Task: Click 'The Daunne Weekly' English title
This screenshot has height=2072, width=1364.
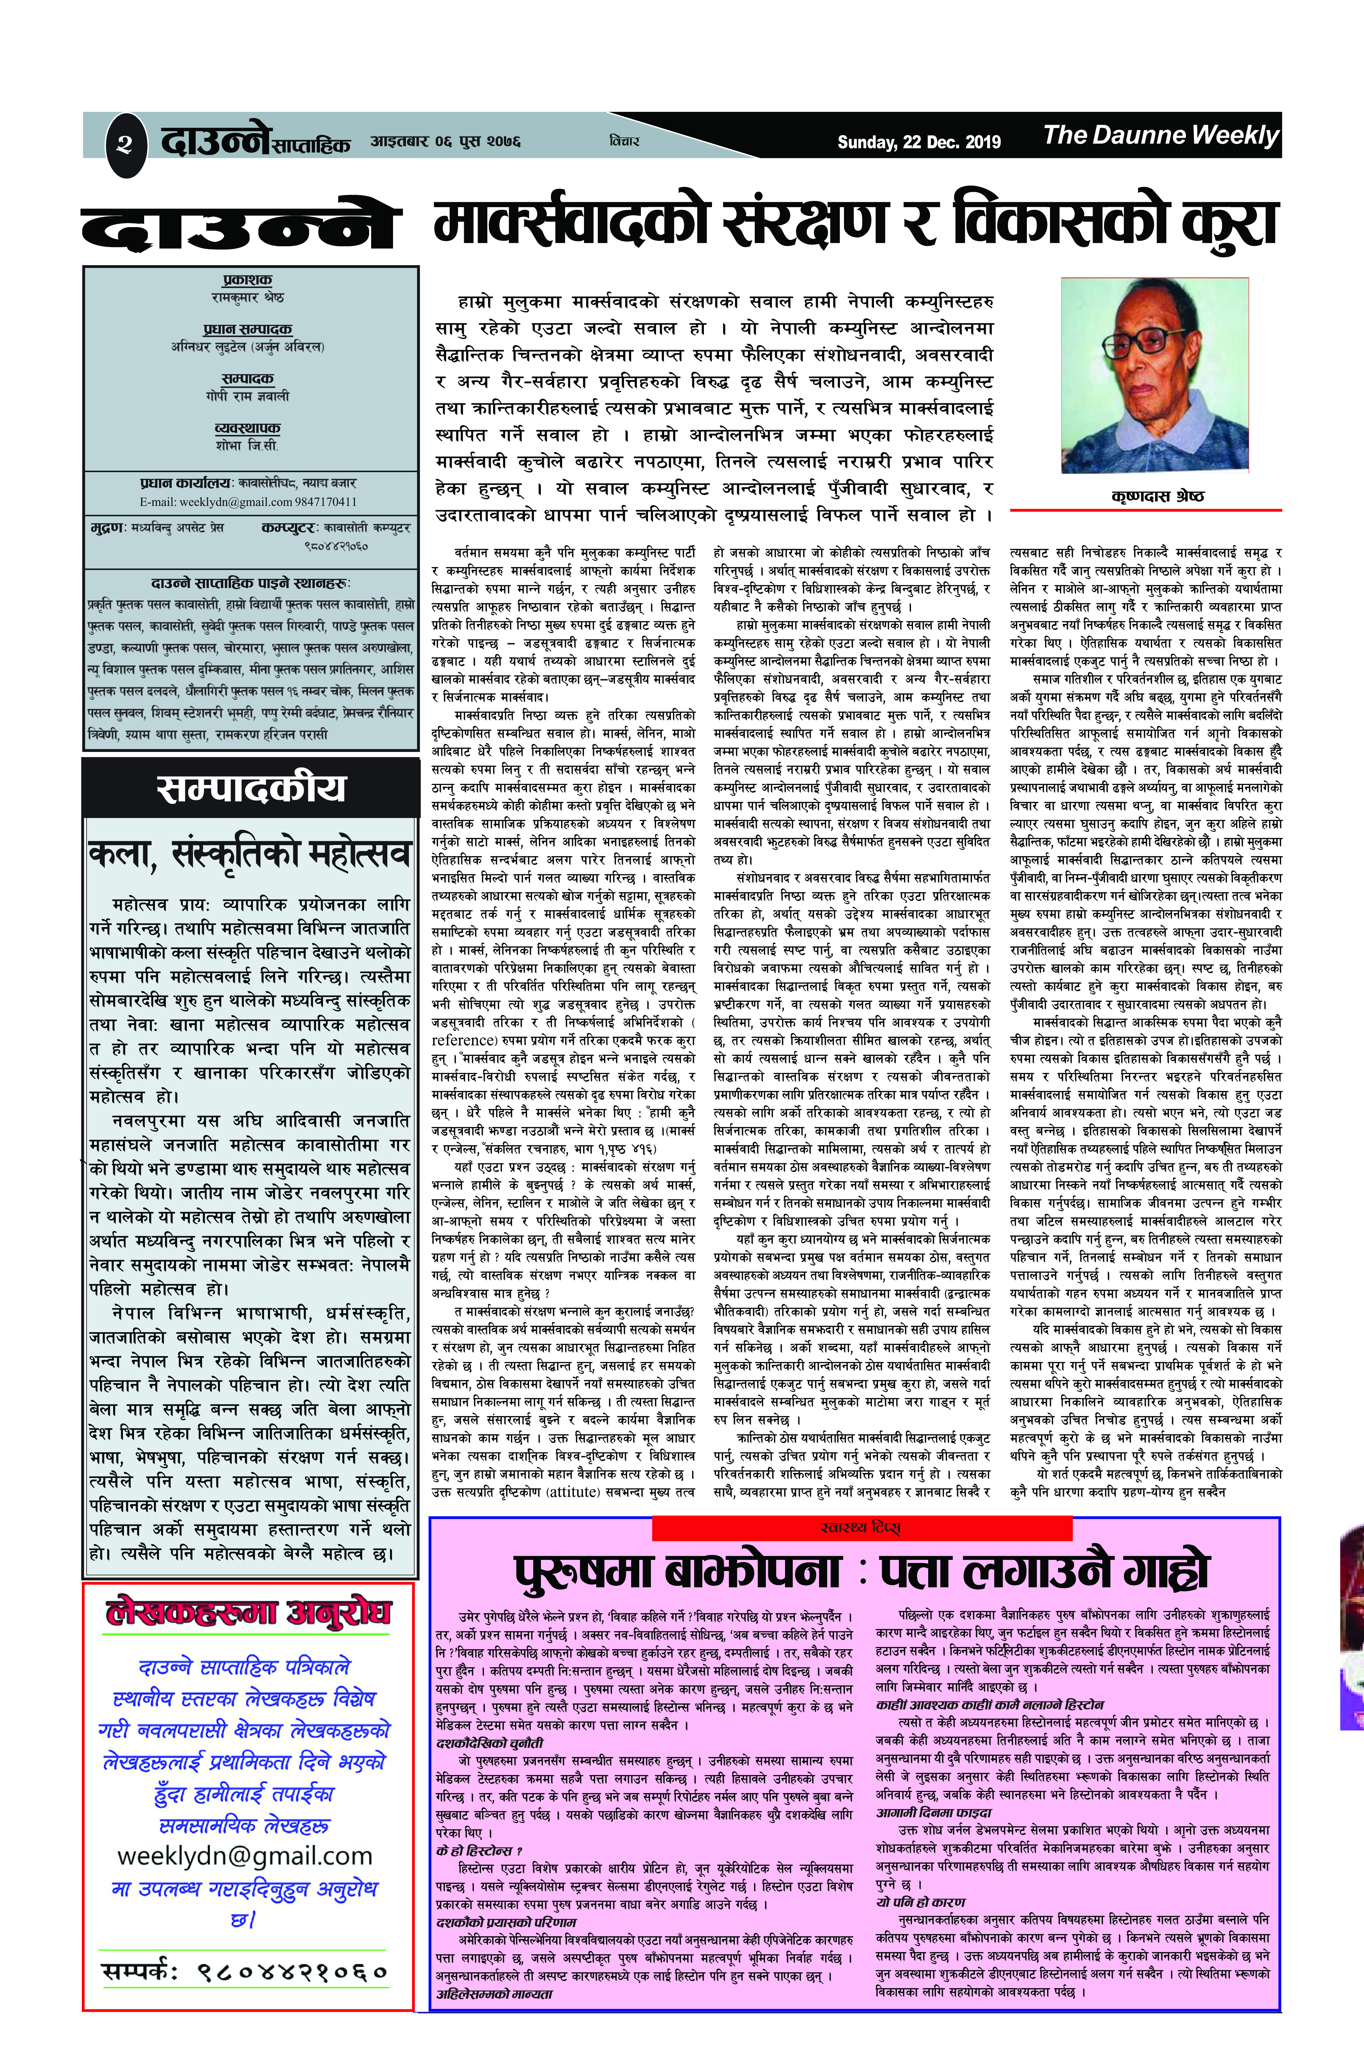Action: point(1160,135)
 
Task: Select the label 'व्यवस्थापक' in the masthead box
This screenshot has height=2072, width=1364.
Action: point(247,428)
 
